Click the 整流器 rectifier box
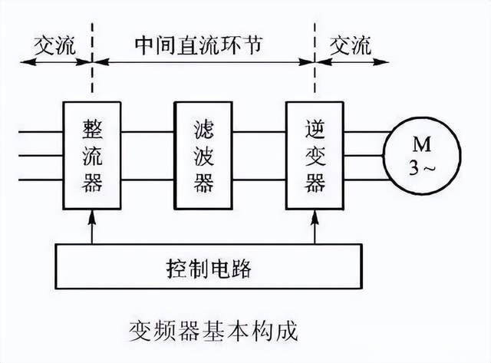click(x=91, y=156)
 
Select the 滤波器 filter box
click(x=203, y=156)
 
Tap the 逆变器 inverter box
click(x=315, y=156)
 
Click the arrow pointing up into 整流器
click(x=92, y=226)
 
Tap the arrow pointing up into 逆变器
click(x=315, y=226)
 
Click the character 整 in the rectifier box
click(x=92, y=127)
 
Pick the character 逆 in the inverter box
click(x=315, y=127)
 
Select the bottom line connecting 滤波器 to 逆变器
click(x=259, y=180)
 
